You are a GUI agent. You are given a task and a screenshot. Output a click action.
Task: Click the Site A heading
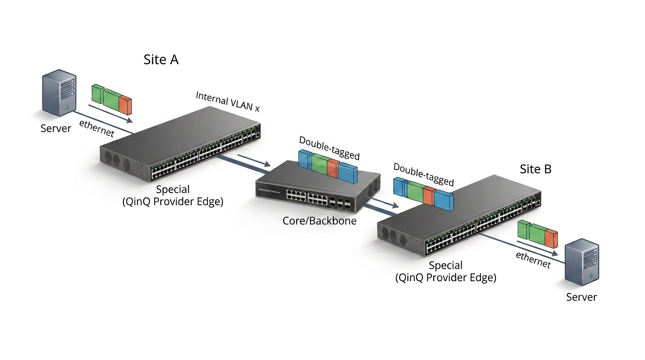[161, 60]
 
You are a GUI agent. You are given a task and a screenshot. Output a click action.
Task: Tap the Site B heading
[535, 169]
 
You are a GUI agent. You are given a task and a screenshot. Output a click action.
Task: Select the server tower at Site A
[60, 93]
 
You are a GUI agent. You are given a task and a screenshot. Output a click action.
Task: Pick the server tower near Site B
[582, 262]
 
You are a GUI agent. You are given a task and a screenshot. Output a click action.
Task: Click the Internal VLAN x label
[228, 102]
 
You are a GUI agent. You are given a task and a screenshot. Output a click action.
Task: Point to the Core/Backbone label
[319, 221]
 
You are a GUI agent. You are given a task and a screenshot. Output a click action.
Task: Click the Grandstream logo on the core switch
[269, 191]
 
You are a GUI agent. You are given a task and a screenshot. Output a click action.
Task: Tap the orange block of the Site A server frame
[125, 105]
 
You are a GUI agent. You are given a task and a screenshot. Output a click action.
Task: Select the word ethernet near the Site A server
[97, 128]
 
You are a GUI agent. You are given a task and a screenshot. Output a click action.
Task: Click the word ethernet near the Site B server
[533, 260]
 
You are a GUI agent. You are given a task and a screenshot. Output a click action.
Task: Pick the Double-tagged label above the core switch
[330, 148]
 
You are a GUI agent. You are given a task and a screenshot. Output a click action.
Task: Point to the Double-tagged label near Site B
[424, 174]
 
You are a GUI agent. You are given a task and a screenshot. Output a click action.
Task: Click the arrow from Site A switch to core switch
[254, 160]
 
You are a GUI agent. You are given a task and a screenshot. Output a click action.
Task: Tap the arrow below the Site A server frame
[111, 114]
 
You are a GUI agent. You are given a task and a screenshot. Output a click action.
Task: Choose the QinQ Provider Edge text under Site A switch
[173, 202]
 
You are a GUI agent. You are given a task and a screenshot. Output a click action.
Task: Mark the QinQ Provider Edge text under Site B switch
[446, 277]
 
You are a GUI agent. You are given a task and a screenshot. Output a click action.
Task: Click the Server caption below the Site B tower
[581, 297]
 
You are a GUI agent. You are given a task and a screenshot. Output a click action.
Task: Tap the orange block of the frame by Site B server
[551, 239]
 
